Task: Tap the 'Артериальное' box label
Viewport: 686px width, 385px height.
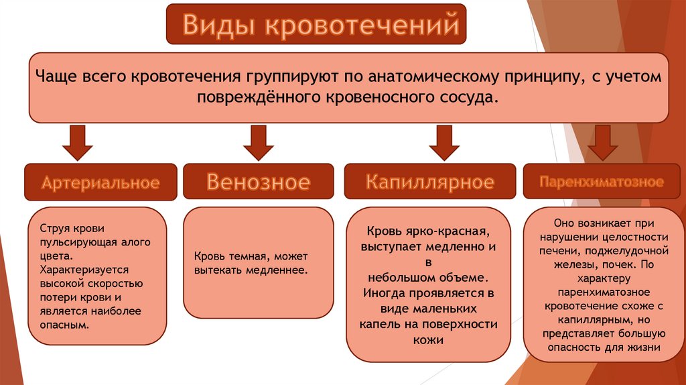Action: pos(100,182)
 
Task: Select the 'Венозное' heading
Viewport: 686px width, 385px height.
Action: pos(258,182)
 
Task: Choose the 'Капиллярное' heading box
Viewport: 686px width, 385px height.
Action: pos(430,181)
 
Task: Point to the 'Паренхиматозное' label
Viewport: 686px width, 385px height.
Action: pos(602,181)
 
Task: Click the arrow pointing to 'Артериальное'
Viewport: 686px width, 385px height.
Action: pos(77,144)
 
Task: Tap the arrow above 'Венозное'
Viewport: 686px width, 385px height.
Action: pos(258,144)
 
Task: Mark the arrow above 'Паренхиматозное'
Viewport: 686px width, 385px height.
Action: pos(602,144)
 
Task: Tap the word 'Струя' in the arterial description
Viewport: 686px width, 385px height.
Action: pos(53,229)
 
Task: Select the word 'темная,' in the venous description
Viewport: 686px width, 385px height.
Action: pos(246,256)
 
